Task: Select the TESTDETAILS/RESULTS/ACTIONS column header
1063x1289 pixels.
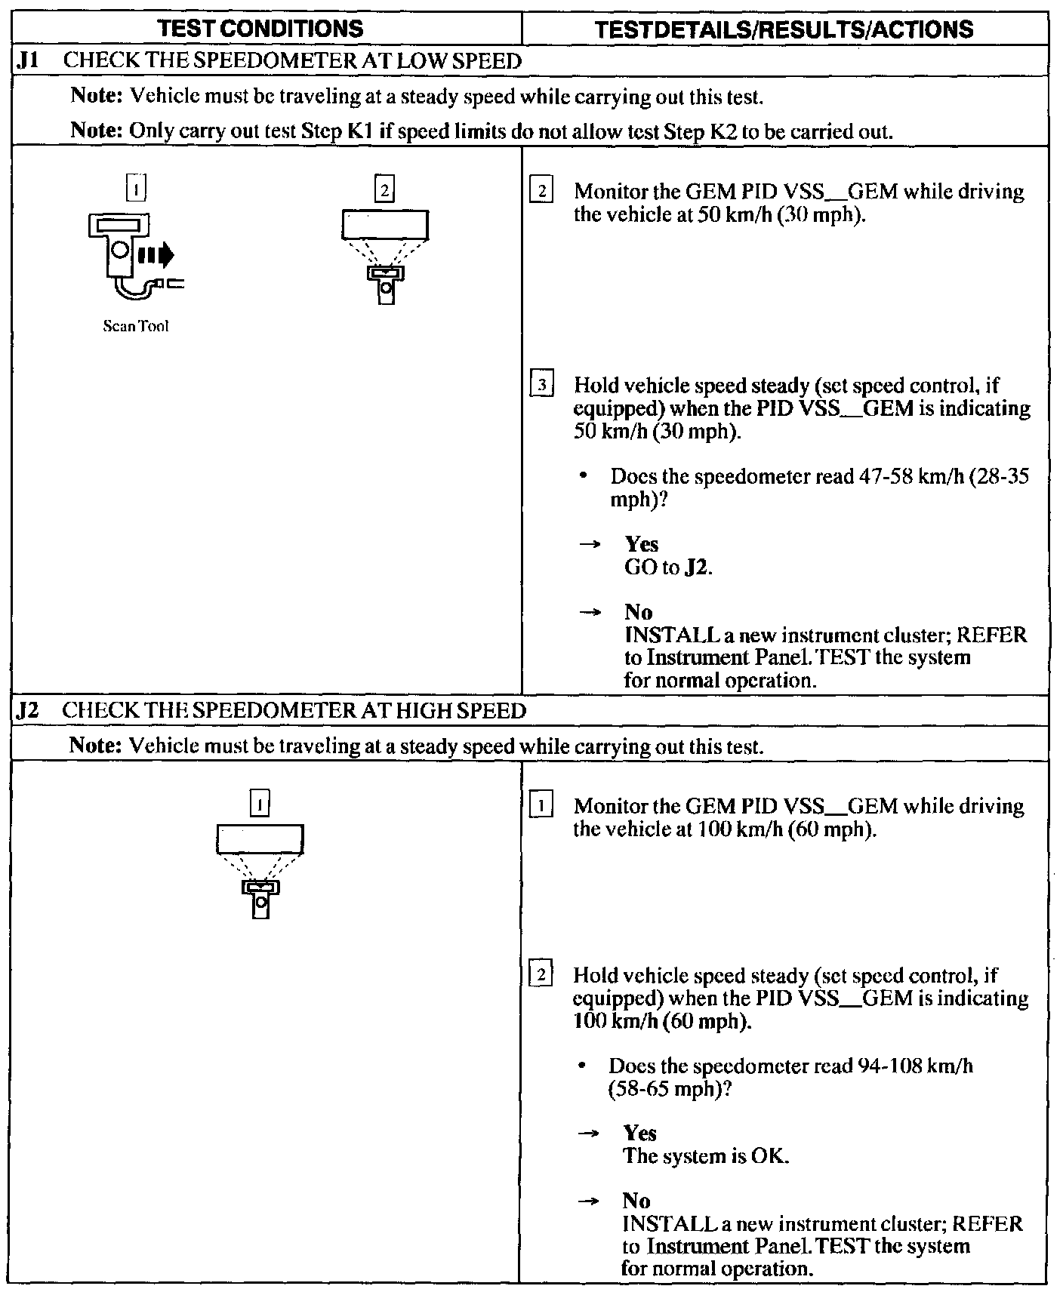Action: point(784,29)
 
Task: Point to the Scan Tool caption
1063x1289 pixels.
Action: point(136,326)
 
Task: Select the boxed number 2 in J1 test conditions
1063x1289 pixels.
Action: point(384,191)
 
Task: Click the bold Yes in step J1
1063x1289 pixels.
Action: point(641,544)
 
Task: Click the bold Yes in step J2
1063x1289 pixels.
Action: point(639,1133)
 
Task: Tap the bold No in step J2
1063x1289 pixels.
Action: point(636,1200)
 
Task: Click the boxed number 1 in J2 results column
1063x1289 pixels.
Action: point(541,806)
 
